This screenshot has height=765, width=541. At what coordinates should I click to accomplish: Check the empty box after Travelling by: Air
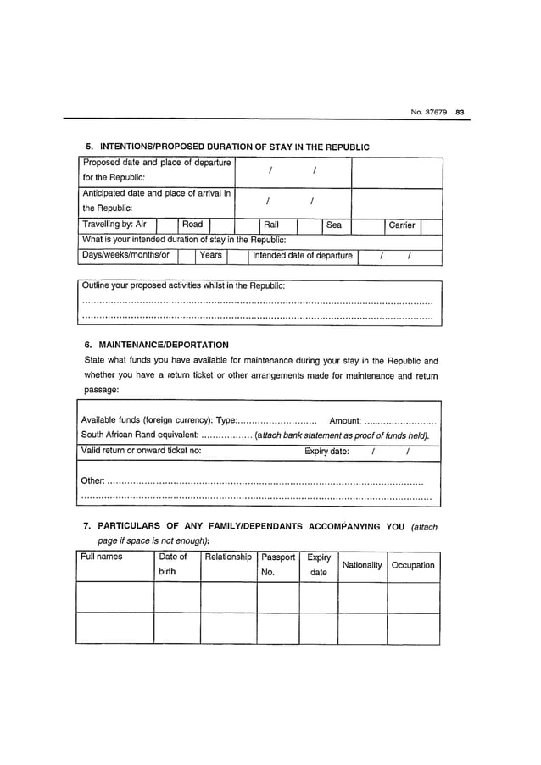pos(166,225)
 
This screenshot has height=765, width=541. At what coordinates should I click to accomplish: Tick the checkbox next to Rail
pos(308,225)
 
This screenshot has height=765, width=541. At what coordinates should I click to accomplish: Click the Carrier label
pos(401,225)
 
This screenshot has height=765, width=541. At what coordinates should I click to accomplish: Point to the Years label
pos(210,255)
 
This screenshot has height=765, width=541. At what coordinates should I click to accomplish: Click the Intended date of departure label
pos(303,255)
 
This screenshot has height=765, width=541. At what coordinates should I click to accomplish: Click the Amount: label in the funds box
pos(345,420)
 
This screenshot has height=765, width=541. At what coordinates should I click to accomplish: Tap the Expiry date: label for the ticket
pos(326,452)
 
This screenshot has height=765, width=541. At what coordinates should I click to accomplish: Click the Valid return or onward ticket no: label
pos(140,452)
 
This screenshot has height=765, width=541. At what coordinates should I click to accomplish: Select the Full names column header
pos(102,557)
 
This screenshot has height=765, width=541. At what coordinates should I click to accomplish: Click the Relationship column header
pos(228,557)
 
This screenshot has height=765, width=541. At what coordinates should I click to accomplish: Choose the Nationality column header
pos(362,565)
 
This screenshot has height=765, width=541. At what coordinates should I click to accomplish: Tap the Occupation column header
pos(413,565)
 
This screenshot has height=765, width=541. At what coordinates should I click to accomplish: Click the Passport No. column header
pos(278,564)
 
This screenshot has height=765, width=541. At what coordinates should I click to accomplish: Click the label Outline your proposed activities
pos(182,285)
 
